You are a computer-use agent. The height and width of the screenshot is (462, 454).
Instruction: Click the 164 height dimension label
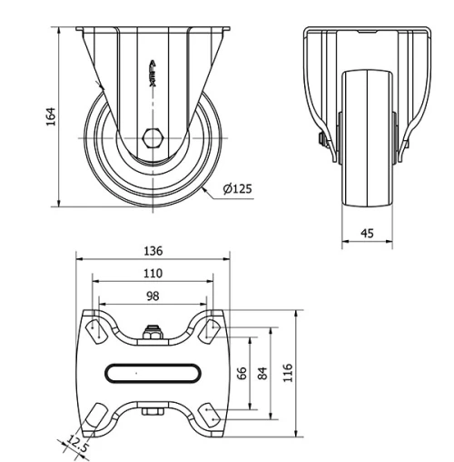51,117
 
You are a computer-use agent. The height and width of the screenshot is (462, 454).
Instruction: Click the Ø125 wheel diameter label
238,189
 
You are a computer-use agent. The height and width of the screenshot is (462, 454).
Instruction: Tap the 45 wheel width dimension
367,233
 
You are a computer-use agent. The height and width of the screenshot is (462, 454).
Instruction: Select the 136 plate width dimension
153,250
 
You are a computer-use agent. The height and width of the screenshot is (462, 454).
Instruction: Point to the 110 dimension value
153,273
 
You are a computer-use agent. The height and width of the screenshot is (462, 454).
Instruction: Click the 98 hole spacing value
153,296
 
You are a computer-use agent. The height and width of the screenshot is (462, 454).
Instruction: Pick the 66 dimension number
242,373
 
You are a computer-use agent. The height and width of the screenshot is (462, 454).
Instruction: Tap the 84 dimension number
262,373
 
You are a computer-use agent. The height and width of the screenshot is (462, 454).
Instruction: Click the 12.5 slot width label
77,445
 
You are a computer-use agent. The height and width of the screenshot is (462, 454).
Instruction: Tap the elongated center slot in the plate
153,372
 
